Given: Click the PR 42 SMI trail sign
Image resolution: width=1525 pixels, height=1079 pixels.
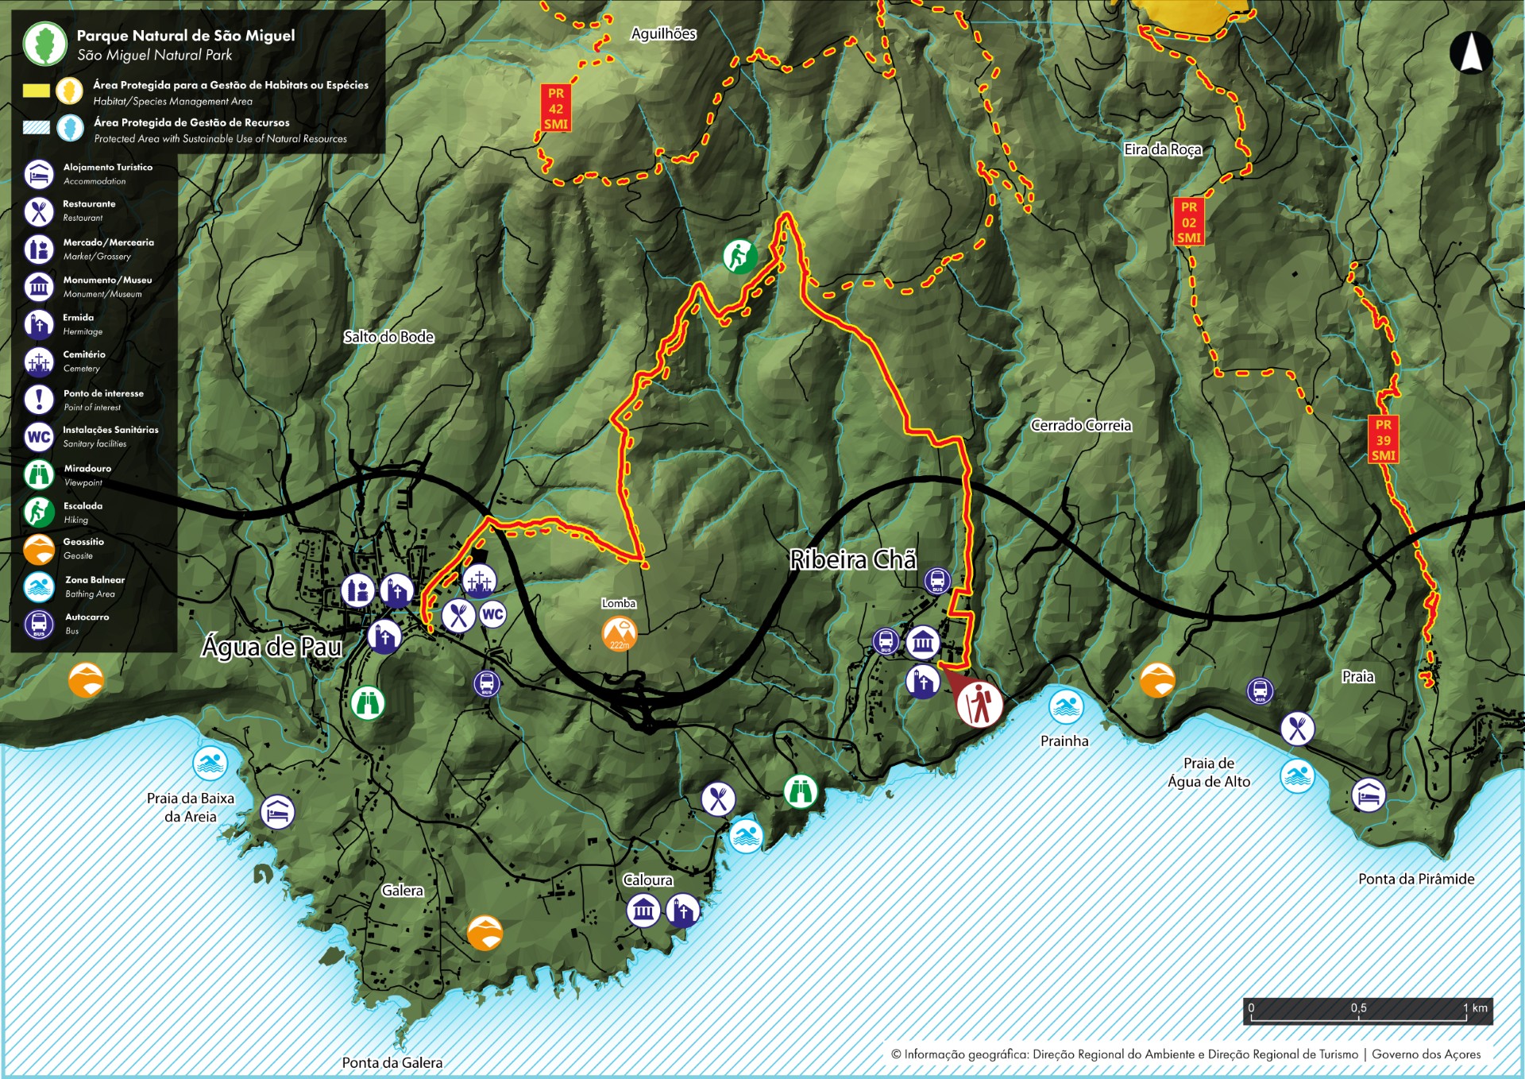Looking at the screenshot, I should coord(555,108).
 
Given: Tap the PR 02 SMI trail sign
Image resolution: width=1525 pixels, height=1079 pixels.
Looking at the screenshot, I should coord(1188,222).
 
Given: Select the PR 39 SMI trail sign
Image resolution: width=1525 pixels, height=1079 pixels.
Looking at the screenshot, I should coord(1383,439).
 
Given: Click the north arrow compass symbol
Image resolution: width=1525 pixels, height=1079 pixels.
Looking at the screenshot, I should coord(1470,53).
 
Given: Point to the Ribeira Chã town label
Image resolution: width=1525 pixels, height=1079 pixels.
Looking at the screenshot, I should coord(852,560).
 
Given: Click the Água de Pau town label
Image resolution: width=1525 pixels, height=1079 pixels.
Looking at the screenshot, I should coord(272,647).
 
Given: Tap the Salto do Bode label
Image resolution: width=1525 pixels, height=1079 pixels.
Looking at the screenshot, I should coord(388,337).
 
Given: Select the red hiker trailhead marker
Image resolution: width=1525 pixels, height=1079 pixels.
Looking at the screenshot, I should coord(979,704).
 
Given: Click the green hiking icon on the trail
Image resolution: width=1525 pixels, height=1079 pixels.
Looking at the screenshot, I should coord(739,257).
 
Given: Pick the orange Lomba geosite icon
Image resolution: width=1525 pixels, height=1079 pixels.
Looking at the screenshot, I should coord(619,633).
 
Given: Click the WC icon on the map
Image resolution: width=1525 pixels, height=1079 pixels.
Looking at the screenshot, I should coord(492,613).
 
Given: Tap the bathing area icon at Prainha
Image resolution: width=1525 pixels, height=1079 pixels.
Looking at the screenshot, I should coord(1065,706).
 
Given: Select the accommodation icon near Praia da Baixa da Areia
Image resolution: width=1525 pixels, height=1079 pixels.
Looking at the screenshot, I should coord(277,812).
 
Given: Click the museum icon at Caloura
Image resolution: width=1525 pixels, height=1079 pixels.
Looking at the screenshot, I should coord(643,911).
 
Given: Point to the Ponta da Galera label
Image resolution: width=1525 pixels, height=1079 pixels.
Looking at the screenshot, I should coord(392,1062).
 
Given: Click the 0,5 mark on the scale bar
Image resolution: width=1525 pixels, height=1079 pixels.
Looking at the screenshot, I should coord(1358,1008).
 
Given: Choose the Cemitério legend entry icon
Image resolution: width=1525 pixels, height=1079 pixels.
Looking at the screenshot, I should coord(39,362).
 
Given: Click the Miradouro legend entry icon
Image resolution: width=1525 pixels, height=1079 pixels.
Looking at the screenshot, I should coord(39,474).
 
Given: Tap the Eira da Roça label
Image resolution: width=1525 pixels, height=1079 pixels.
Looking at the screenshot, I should coord(1162,149).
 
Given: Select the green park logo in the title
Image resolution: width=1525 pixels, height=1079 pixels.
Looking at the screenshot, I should coord(45,44).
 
